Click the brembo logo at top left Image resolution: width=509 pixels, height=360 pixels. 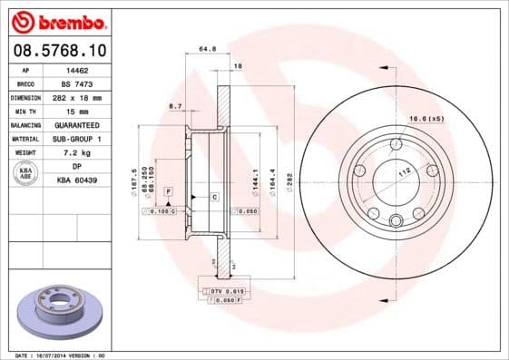59,20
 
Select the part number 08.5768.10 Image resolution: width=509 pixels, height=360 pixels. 59,50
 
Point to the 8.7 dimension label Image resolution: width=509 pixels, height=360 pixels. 175,107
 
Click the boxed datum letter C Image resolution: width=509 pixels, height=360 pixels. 215,196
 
